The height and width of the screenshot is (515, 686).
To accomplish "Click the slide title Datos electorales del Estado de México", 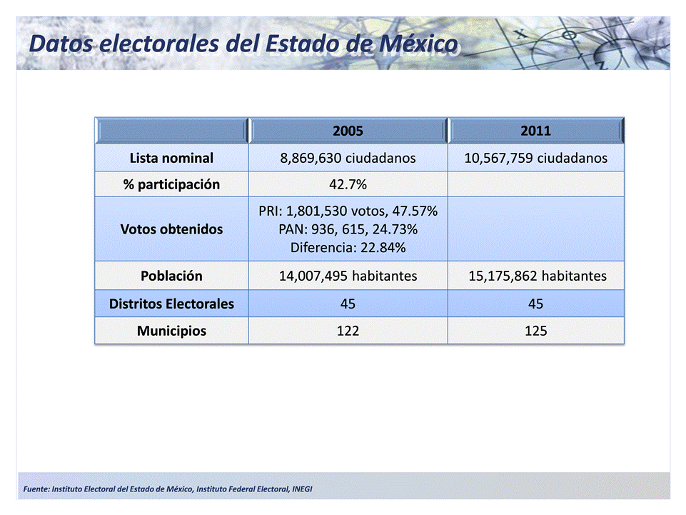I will coord(243,44).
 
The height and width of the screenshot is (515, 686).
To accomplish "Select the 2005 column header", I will coord(348,131).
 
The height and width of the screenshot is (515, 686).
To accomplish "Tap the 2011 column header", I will coord(535,131).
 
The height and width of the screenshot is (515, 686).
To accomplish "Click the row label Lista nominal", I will coord(171,158).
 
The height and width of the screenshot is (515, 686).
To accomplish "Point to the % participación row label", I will coord(171,185).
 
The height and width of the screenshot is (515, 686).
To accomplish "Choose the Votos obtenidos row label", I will coord(171,230).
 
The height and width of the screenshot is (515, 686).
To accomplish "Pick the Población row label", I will coord(171,276).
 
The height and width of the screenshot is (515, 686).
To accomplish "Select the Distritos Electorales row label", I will coord(171,304).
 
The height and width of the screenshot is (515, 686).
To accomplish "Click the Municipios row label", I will coord(171,331).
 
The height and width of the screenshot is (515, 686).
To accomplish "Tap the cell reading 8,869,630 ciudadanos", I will coord(348,158).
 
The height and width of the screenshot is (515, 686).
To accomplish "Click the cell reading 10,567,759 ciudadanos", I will coord(535,158).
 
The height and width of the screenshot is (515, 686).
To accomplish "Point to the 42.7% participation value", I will coord(348,185).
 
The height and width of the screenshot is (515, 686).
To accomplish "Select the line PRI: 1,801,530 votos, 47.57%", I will coord(348,212).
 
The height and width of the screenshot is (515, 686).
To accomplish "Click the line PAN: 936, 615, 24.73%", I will coord(348,230).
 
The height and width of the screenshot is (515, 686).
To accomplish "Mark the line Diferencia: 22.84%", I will coord(348,248).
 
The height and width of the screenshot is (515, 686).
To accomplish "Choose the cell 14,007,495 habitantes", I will coord(348,276).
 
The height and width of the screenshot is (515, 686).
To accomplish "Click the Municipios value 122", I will coord(348,331).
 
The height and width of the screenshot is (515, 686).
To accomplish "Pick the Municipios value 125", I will coord(535,331).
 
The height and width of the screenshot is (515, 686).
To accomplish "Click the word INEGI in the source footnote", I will coord(301,489).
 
